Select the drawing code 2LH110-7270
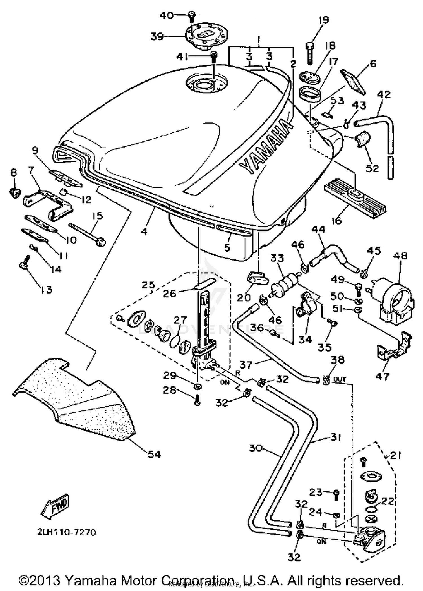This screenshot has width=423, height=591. click(67, 532)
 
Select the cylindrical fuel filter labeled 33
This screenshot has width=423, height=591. click(285, 284)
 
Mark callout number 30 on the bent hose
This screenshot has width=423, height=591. click(256, 448)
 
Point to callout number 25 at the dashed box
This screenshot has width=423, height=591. click(148, 285)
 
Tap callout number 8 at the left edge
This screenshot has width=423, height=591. click(14, 172)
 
